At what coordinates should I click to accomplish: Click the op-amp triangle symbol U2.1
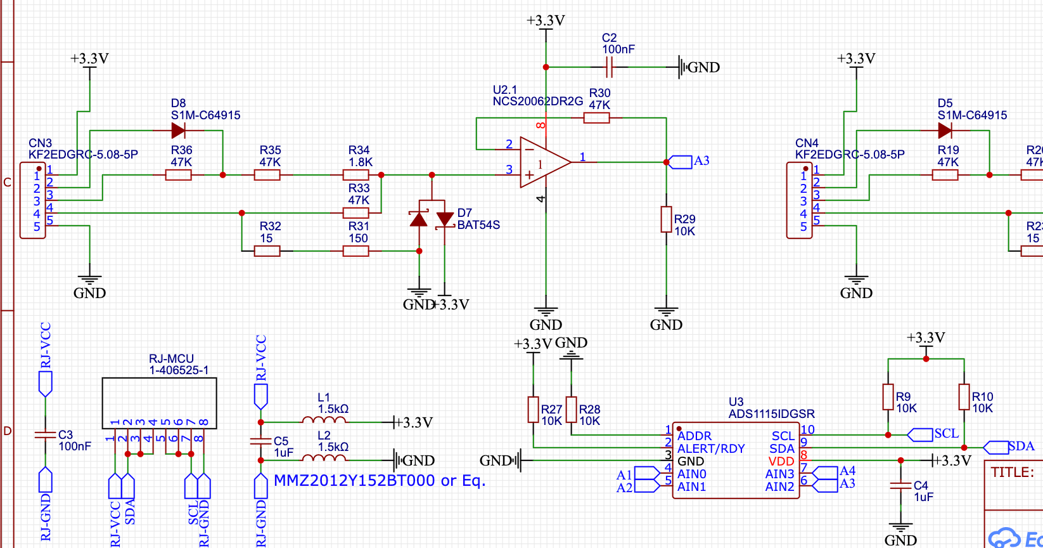tap(544, 162)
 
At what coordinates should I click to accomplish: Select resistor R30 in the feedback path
tap(596, 117)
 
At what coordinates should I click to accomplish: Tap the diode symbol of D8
tap(179, 131)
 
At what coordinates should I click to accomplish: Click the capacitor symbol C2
tap(609, 67)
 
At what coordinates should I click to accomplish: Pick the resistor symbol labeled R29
tap(666, 219)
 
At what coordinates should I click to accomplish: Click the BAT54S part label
tap(478, 225)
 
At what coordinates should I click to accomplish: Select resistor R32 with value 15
tap(267, 251)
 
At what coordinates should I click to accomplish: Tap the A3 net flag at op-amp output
tap(681, 162)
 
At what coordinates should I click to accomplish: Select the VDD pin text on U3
tap(781, 461)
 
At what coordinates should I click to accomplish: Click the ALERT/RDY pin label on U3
tap(711, 448)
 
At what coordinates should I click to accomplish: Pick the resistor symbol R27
tap(534, 410)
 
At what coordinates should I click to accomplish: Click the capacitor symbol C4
tap(900, 486)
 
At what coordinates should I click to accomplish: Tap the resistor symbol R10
tap(964, 397)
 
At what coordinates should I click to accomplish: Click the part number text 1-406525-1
tap(179, 370)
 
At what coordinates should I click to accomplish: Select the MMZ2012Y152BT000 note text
tap(379, 481)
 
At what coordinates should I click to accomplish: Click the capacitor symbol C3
tap(45, 435)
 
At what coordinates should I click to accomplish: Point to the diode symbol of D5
tap(945, 131)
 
